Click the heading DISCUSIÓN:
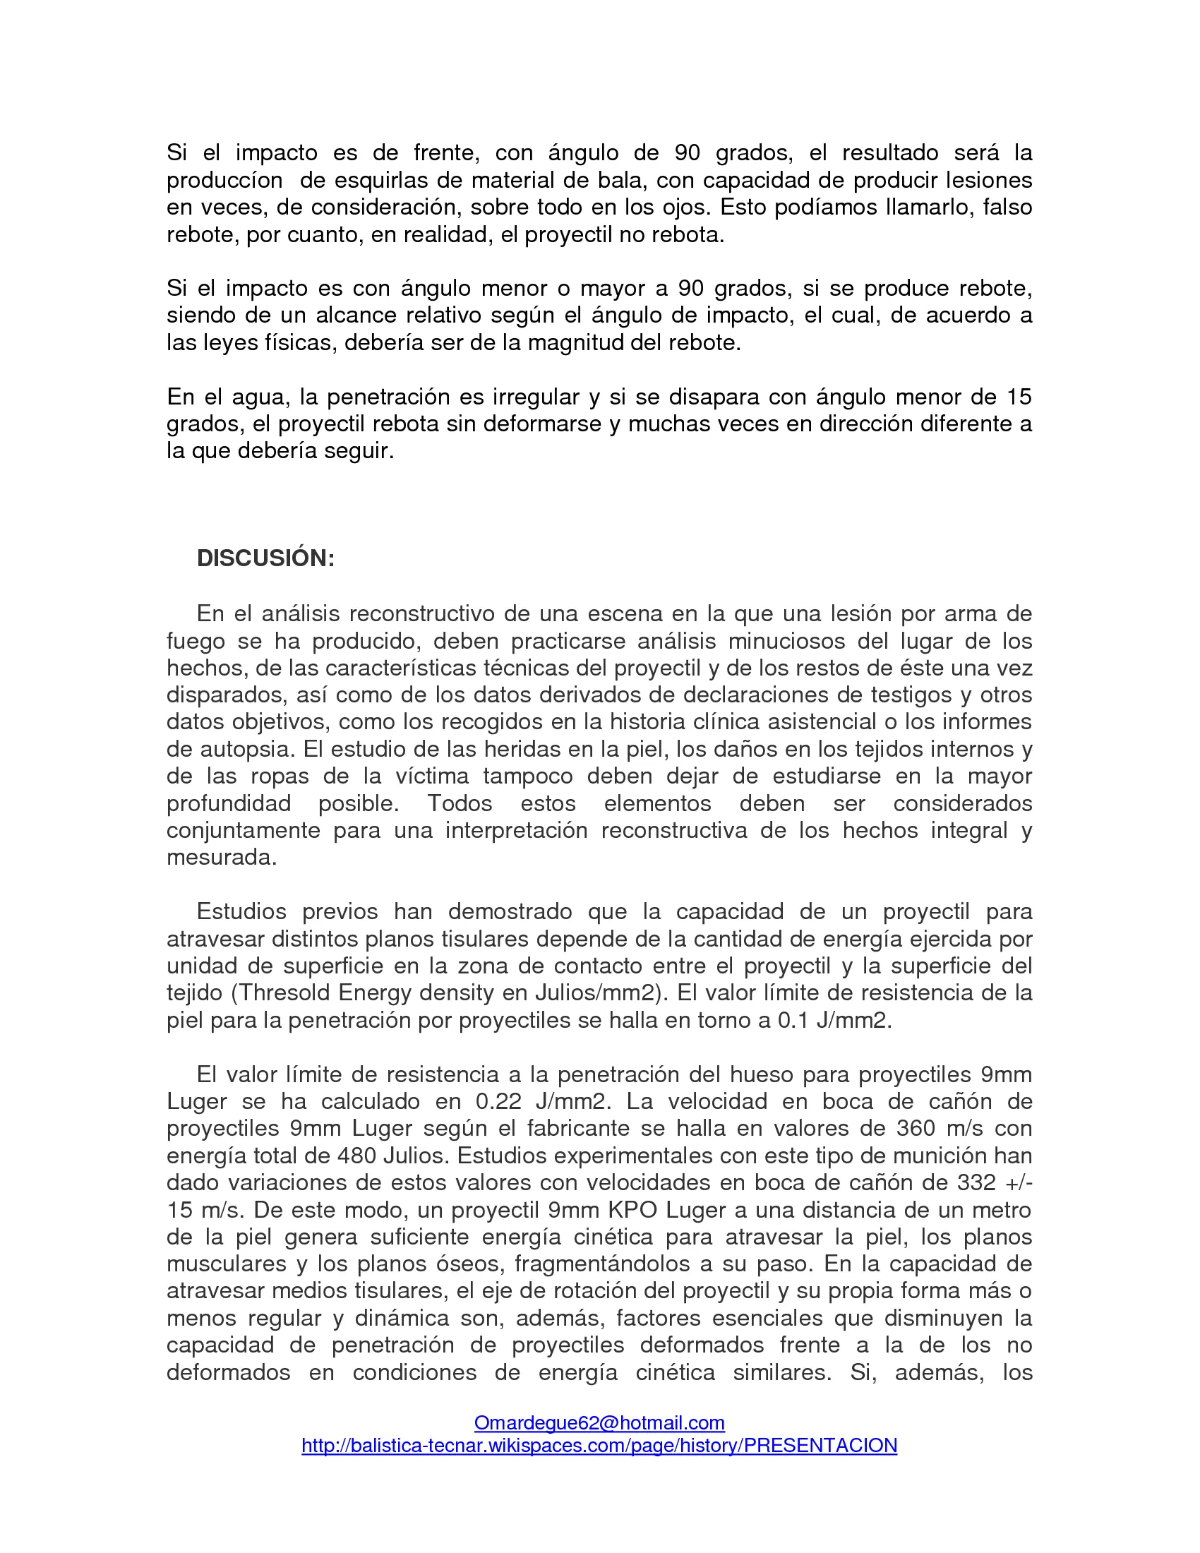265,558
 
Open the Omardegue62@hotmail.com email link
599,1423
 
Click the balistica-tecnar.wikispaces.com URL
599,1446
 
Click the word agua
259,397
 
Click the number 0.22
498,1101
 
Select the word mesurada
221,858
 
